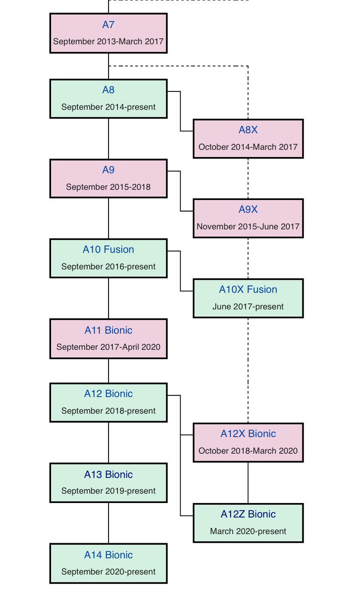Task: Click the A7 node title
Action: coord(108,25)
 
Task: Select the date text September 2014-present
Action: coord(108,107)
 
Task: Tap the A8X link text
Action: coord(248,130)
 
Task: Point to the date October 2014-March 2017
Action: coord(248,147)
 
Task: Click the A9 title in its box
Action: coord(108,170)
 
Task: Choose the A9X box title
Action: coord(248,209)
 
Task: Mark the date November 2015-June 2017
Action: coord(248,227)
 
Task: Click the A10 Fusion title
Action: coord(108,249)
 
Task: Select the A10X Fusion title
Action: coord(248,289)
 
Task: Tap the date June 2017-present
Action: coord(248,307)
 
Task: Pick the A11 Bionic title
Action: coord(108,330)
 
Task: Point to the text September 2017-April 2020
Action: coord(108,347)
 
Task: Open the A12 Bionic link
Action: coord(108,394)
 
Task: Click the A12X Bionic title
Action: coord(248,434)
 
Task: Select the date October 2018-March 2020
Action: coord(248,451)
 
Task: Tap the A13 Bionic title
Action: coord(108,475)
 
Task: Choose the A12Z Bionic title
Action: coord(248,514)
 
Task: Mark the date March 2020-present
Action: coord(248,531)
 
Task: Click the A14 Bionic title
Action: coord(108,555)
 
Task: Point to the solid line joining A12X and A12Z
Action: coord(248,483)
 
